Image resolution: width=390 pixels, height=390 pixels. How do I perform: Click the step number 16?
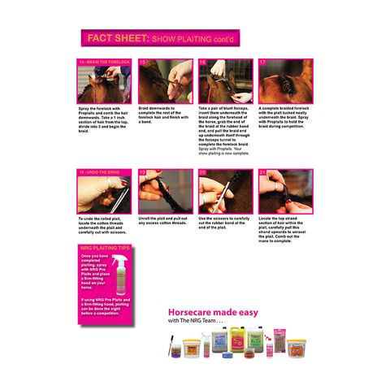tap(202, 62)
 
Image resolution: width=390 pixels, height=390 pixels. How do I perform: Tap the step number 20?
tap(202, 172)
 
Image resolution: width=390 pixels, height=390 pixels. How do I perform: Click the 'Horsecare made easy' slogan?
tap(213, 312)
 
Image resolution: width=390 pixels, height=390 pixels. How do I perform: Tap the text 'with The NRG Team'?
tap(197, 322)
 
